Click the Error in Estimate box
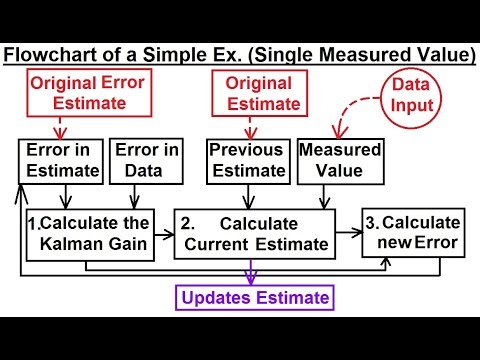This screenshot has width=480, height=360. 60,161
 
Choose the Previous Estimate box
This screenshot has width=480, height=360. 250,161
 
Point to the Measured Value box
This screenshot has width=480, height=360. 339,161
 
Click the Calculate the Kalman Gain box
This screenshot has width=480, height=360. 90,232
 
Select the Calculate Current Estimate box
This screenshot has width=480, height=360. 254,232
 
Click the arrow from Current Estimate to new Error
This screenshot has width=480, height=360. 349,232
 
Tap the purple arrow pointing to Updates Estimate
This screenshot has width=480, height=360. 253,273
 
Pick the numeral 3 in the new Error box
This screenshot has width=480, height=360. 372,221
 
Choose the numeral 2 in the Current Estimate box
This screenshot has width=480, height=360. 186,221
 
